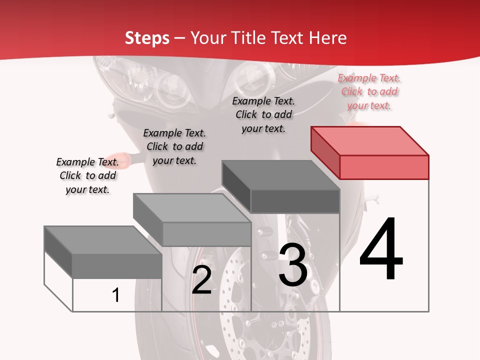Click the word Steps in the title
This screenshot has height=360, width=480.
click(x=147, y=37)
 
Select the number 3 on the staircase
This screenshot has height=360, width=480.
click(x=293, y=265)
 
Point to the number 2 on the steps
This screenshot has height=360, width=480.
click(x=202, y=280)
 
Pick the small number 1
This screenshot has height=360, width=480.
click(x=116, y=295)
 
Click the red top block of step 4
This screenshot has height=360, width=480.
click(x=370, y=152)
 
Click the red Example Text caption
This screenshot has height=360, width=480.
click(x=369, y=91)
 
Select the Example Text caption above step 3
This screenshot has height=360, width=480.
click(x=263, y=114)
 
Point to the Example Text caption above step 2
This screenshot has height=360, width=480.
click(x=174, y=146)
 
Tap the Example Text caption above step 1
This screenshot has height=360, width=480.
click(x=87, y=175)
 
